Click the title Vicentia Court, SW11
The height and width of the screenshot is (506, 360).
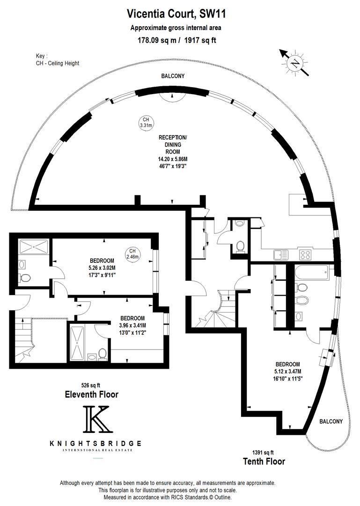coord(176,14)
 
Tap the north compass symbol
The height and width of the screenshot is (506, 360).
coord(294,63)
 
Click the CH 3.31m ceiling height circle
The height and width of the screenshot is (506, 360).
coord(146,122)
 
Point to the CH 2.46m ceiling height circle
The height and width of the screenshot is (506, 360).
coord(132,254)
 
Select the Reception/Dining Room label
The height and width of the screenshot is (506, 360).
coord(173,144)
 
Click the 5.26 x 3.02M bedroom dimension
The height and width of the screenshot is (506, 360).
coord(102,268)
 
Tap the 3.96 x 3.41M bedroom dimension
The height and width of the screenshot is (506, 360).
coord(132,325)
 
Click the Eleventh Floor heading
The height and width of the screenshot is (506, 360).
coord(92,394)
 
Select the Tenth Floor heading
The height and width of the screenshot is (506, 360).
coord(264,461)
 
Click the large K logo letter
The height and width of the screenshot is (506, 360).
coord(98,419)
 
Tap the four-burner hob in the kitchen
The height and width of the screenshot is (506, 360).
coord(305,255)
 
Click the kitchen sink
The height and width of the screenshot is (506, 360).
coord(281,255)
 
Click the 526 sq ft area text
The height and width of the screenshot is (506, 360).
coord(91,385)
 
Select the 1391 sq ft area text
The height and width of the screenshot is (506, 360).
coord(263,453)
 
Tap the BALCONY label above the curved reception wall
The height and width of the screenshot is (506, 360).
coord(173,76)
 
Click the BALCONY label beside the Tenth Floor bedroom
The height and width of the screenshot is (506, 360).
coord(331,422)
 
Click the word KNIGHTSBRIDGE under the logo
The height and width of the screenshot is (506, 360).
coord(96,443)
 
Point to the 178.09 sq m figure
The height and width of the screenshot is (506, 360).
coord(157,40)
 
